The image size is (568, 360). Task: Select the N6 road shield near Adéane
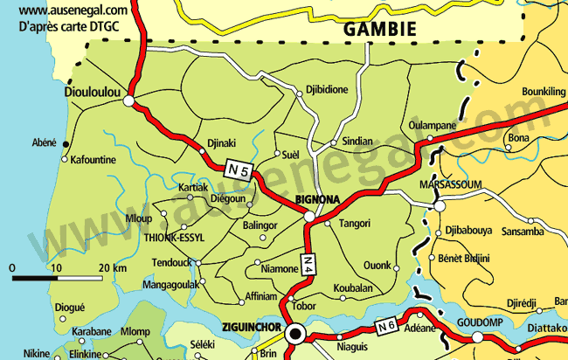click(x=386, y=327)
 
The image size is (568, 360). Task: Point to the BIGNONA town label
click(x=317, y=199)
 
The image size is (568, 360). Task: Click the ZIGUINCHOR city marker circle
click(x=295, y=332)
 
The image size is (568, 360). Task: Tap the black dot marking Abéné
click(x=65, y=143)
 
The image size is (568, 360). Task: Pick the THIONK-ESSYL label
click(x=174, y=236)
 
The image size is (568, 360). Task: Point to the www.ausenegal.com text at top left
click(x=73, y=10)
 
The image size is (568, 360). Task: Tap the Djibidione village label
click(x=326, y=90)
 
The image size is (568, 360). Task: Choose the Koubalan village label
click(x=353, y=288)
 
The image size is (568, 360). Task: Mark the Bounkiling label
click(x=544, y=91)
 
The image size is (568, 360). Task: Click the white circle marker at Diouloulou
click(x=129, y=101)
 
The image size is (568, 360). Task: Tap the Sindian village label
click(x=357, y=141)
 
